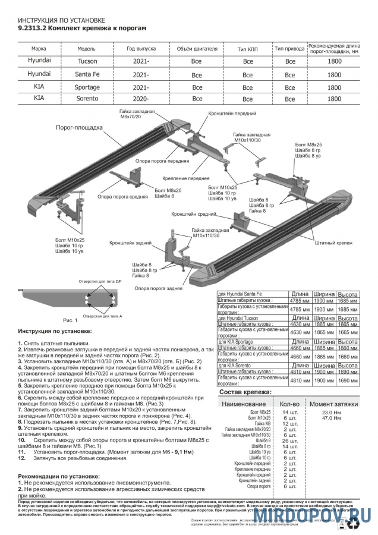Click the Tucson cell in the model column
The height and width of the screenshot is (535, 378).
[x=87, y=61]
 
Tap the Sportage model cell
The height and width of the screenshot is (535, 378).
[x=87, y=87]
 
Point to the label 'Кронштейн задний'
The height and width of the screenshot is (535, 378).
[x=128, y=243]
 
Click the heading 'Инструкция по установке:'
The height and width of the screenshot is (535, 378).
[x=55, y=331]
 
